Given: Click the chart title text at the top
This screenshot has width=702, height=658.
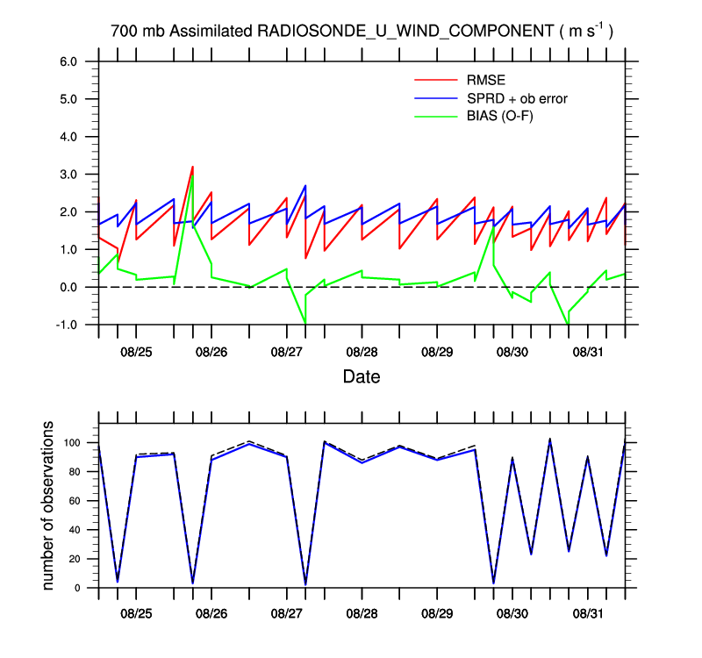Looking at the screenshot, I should [x=361, y=31].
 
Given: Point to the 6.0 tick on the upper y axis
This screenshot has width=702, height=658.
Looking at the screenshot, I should [x=69, y=61].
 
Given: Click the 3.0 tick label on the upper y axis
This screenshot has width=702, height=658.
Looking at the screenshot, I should [x=69, y=175].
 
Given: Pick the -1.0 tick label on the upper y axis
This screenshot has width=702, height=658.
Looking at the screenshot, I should [x=68, y=325].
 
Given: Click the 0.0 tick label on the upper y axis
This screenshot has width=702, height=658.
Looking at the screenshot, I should [x=69, y=287].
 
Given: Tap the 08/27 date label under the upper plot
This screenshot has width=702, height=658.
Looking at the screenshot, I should [x=287, y=352].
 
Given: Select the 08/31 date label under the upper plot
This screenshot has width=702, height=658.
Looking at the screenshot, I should [x=588, y=352].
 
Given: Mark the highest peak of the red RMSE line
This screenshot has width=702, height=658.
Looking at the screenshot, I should [x=192, y=166].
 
